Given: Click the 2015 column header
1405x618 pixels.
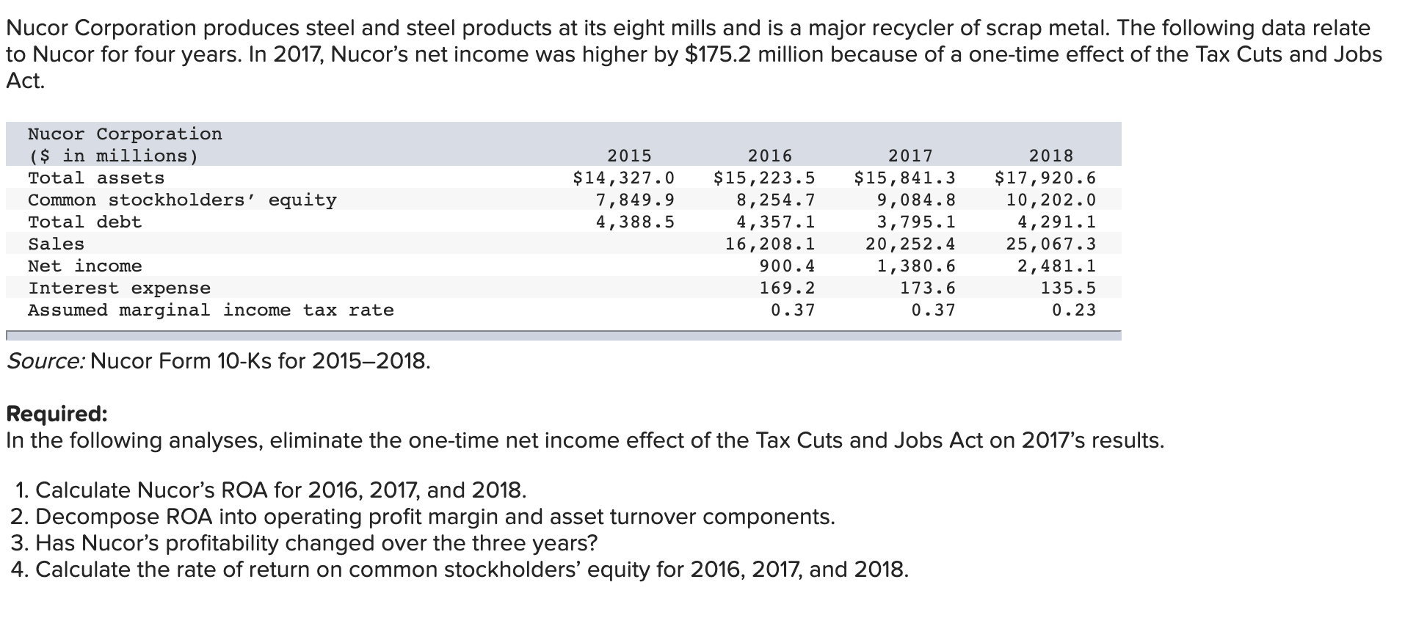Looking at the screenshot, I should (629, 156).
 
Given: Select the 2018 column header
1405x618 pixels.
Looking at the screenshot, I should (1050, 156).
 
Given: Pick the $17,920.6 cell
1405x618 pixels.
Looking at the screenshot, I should (1045, 178).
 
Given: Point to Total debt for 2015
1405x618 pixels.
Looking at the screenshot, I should (635, 222).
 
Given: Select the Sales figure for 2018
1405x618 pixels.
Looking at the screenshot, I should (1050, 244).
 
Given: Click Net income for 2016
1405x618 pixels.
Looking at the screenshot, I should (787, 266).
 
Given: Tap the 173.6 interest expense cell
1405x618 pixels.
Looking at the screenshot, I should (928, 288).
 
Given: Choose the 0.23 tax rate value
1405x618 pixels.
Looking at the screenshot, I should (1073, 310).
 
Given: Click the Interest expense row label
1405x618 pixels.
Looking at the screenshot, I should (119, 288).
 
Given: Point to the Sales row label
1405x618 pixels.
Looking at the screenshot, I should (56, 244).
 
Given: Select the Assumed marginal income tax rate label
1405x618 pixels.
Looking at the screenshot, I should (211, 310).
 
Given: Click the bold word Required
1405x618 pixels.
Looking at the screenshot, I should (57, 414).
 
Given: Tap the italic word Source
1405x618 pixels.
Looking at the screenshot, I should (45, 361).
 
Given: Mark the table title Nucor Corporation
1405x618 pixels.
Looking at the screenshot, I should (125, 134).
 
